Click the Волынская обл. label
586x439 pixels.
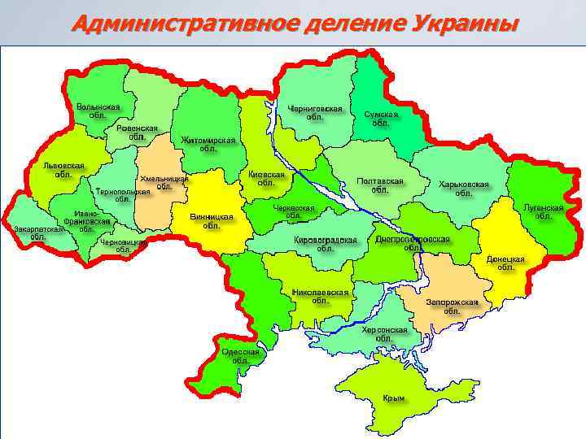(98, 111)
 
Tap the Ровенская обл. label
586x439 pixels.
(137, 133)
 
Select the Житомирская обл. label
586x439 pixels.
(208, 144)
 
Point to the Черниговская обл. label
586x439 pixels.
(315, 112)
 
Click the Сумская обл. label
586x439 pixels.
(381, 119)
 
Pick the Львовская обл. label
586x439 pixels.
(63, 169)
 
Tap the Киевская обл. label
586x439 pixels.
(266, 179)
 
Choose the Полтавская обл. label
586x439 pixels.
(380, 185)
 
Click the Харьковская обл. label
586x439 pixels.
(463, 189)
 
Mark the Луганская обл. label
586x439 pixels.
(544, 211)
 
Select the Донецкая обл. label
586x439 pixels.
(505, 263)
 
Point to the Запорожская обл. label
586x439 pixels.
(452, 306)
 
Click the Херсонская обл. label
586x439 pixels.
(384, 334)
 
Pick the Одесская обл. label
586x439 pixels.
(240, 356)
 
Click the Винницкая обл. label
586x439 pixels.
(211, 221)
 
